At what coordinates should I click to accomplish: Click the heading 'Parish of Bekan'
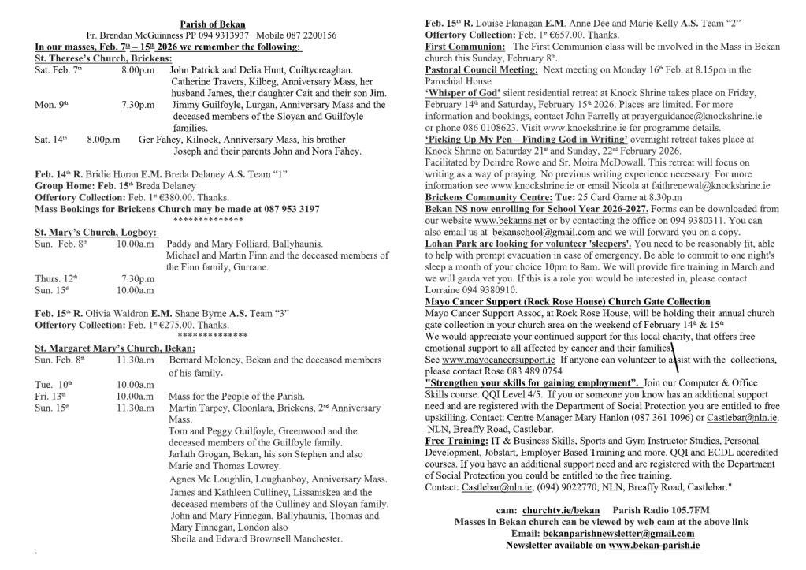(212, 25)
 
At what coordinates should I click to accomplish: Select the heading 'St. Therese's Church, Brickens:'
(103, 58)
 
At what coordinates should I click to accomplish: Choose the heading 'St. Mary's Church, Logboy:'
(96, 233)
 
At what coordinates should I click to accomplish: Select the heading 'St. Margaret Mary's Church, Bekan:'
(115, 348)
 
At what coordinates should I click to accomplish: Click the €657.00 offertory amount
(552, 35)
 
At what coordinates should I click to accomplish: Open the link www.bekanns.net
(506, 221)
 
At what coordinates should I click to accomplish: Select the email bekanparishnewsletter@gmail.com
(611, 533)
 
